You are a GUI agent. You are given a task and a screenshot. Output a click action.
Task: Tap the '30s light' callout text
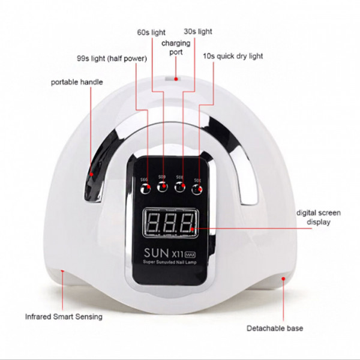[x=197, y=31]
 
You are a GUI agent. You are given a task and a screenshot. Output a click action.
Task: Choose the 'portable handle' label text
[x=76, y=81]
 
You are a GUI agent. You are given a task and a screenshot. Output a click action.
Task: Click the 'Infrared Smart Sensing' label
[x=64, y=316]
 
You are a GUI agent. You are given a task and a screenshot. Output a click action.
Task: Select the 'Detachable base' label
[x=275, y=328]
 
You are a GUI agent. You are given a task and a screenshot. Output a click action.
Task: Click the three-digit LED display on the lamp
[x=171, y=223]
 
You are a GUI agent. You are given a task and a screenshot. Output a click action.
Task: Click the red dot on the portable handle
[x=91, y=175]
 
